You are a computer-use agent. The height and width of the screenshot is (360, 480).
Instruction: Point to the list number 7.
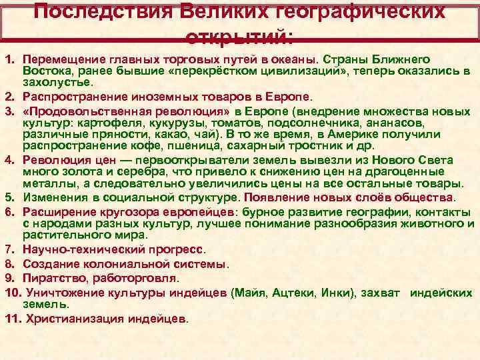pos(9,249)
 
